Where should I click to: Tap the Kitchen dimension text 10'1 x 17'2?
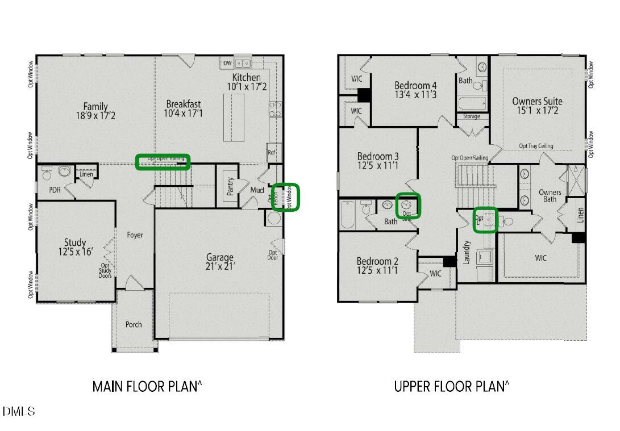[x=247, y=87]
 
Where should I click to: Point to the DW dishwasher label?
[x=227, y=63]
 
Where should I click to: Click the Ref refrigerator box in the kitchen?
[x=272, y=152]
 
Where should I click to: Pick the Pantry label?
[x=230, y=186]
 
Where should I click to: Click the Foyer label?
[x=135, y=235]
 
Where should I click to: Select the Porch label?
[x=134, y=324]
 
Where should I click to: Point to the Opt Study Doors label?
[x=106, y=270]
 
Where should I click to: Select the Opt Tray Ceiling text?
[x=536, y=146]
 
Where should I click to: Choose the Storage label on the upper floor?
[x=472, y=116]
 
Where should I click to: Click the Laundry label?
[x=466, y=253]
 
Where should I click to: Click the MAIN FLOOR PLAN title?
[x=147, y=387]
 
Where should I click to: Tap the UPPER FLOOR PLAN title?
[x=451, y=387]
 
